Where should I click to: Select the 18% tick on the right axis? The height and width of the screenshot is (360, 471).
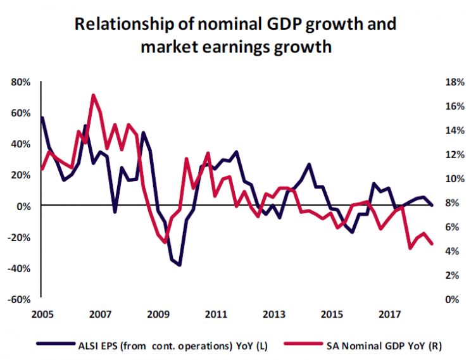click(x=443, y=82)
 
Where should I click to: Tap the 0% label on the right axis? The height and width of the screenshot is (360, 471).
click(x=443, y=299)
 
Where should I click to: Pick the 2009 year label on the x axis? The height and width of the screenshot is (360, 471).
click(x=158, y=314)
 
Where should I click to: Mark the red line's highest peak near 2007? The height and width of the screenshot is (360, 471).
click(x=93, y=95)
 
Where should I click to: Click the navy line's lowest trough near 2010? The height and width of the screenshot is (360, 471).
click(x=180, y=265)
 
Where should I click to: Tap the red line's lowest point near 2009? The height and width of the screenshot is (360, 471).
click(x=165, y=242)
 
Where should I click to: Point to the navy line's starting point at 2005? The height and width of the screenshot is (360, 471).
click(x=42, y=118)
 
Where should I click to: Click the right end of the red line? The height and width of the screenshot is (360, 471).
click(x=432, y=244)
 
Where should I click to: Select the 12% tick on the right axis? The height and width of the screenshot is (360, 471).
click(x=443, y=154)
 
